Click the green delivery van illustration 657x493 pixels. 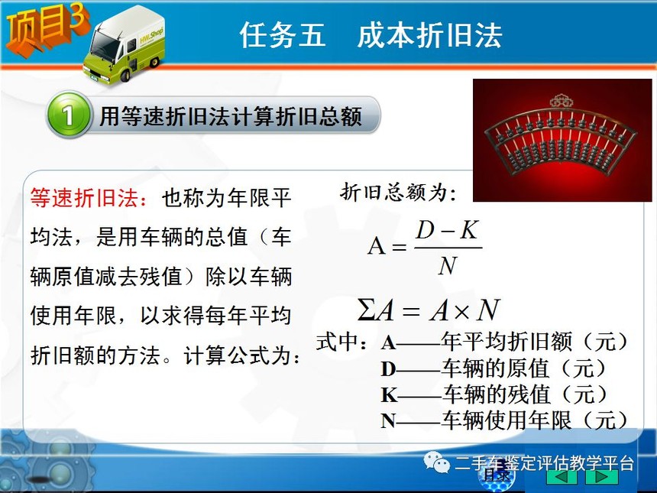[x=125, y=45]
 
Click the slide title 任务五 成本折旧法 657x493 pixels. [x=371, y=35]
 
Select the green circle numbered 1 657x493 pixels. [x=68, y=115]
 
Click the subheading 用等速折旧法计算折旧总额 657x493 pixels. [x=231, y=116]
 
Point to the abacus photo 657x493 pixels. [x=562, y=140]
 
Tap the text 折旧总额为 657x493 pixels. [x=398, y=193]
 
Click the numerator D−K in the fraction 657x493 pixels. [x=448, y=230]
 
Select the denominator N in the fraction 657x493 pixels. [x=448, y=265]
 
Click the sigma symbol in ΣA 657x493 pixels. [x=366, y=310]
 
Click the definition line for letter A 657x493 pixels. [x=505, y=342]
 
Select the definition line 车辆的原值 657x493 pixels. [x=494, y=368]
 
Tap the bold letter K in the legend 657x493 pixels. [x=389, y=395]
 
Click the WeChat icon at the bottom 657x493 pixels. [x=436, y=462]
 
